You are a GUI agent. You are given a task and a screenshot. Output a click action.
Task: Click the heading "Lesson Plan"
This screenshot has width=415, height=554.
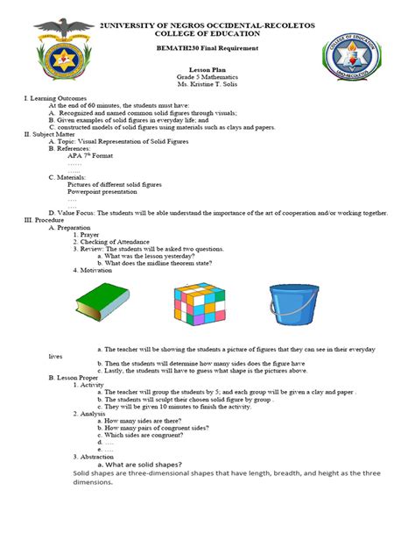pyautogui.click(x=207, y=68)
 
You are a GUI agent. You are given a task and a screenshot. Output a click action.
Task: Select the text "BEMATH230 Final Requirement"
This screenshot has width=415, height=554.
pyautogui.click(x=207, y=51)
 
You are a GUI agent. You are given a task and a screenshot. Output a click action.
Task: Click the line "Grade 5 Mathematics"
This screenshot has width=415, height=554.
pyautogui.click(x=207, y=76)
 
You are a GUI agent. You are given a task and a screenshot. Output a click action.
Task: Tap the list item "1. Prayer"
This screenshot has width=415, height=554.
pyautogui.click(x=89, y=234)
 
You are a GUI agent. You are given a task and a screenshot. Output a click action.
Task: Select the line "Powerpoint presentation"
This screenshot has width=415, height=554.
pyautogui.click(x=105, y=191)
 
